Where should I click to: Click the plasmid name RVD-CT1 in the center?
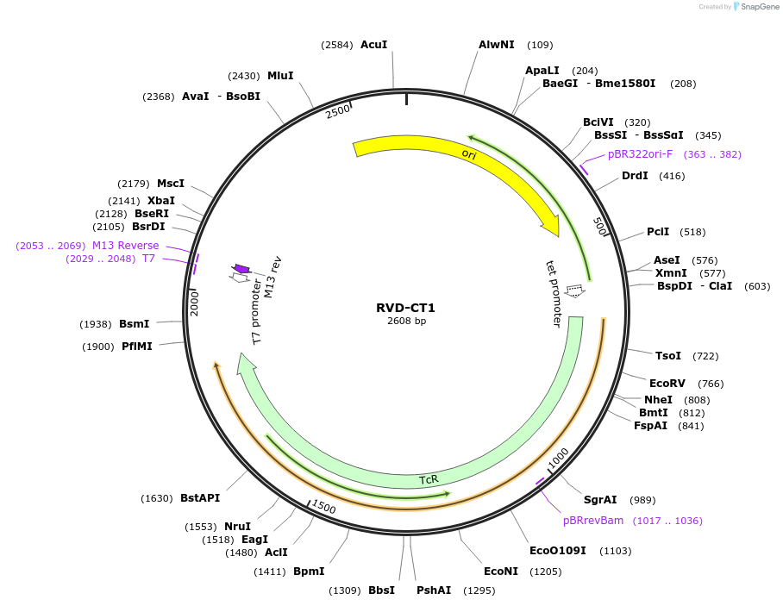coord(406,308)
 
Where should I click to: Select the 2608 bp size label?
coord(406,322)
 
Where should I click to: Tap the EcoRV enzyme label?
coord(667,384)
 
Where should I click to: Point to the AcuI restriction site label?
coord(373,45)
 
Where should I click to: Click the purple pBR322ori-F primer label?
coord(640,154)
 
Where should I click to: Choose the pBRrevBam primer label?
coord(593,521)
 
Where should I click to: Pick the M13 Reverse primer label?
coord(126,246)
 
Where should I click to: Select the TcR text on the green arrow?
coord(429,479)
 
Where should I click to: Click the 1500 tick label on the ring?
coord(324,506)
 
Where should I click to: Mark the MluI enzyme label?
coord(280,76)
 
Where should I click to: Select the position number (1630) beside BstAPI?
coord(156,498)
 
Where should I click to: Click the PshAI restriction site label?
coord(434,590)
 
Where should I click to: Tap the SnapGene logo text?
coord(756,7)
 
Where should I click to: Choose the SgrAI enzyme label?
coord(600,500)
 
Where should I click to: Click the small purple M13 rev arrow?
coord(242,270)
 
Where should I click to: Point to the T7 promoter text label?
coord(257,313)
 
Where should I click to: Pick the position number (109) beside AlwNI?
coord(540,45)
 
